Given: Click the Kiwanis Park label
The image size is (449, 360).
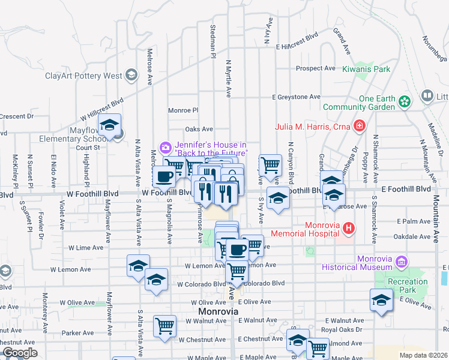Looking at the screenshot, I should pos(366,69).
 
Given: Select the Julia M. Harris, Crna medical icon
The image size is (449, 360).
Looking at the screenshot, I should pos(360,126).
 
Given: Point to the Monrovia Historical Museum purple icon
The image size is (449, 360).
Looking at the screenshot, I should pos(401,262).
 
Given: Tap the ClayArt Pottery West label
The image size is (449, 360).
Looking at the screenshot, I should pos(83,76).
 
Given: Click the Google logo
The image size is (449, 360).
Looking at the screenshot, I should pos(20,353).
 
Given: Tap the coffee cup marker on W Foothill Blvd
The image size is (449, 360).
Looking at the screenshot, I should pos(164,176).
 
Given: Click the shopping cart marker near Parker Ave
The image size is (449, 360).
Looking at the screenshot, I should pos(164,326).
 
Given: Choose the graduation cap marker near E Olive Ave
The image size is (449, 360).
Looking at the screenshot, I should pos(381,301).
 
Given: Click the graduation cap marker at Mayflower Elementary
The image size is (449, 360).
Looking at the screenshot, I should pos(109,125).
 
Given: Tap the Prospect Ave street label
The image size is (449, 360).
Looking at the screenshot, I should pos(315,68).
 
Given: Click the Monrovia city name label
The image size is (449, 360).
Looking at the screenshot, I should pos(218,313).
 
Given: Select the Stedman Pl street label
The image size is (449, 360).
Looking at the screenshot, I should pos(213,42).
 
